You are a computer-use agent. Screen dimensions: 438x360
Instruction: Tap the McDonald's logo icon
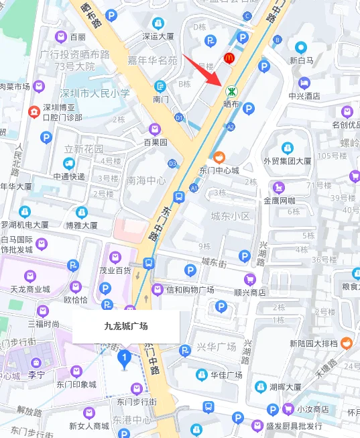pyautogui.click(x=228, y=59)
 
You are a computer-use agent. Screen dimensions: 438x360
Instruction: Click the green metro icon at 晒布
pyautogui.click(x=231, y=90)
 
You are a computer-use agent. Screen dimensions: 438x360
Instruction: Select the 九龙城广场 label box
pyautogui.click(x=125, y=327)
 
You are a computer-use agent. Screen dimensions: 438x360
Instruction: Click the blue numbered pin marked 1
pyautogui.click(x=123, y=359)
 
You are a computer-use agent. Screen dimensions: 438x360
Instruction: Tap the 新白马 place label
pyautogui.click(x=302, y=60)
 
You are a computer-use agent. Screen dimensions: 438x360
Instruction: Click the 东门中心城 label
pyautogui.click(x=219, y=170)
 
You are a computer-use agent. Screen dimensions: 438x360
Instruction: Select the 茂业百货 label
pyautogui.click(x=114, y=270)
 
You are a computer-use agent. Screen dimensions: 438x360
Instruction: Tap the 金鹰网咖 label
pyautogui.click(x=279, y=200)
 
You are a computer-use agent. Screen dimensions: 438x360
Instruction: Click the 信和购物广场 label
pyautogui.click(x=190, y=289)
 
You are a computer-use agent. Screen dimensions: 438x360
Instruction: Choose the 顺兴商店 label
pyautogui.click(x=249, y=292)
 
